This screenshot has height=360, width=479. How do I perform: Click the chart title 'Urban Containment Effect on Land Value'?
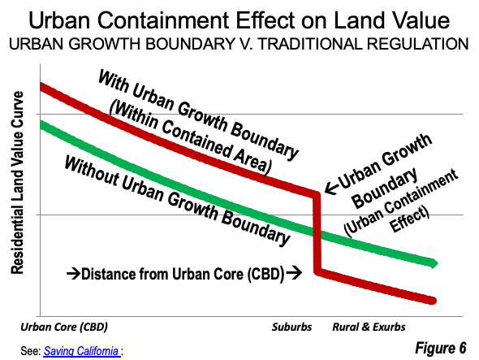(239, 20)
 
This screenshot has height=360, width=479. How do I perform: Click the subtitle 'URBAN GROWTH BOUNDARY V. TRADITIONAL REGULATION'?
(239, 44)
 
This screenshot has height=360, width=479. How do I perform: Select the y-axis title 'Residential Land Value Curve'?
(17, 183)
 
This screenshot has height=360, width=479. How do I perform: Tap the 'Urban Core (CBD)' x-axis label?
(64, 327)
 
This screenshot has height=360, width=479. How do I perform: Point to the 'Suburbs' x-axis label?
(291, 327)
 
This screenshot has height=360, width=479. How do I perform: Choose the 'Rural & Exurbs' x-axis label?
(369, 327)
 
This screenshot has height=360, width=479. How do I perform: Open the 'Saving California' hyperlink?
(81, 351)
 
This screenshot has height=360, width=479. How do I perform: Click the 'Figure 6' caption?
(441, 348)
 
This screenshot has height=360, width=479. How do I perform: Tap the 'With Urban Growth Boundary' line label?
(198, 114)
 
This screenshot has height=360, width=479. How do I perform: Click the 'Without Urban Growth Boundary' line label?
(177, 201)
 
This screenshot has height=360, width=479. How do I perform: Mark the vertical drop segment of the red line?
(317, 233)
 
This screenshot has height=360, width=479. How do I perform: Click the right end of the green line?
(435, 263)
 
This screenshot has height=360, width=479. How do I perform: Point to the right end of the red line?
(434, 301)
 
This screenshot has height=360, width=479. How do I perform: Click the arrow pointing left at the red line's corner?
(332, 188)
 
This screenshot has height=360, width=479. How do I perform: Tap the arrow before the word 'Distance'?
(74, 273)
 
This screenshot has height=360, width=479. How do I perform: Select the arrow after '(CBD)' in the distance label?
(294, 272)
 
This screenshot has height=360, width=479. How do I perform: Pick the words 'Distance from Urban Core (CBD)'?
(183, 274)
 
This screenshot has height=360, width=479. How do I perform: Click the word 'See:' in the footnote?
(31, 351)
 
